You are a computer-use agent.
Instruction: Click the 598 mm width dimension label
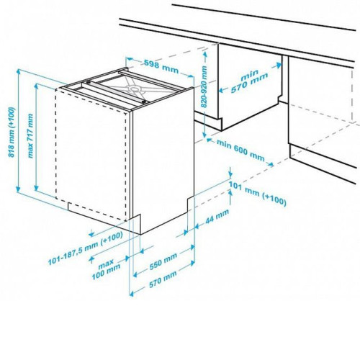[x=161, y=66]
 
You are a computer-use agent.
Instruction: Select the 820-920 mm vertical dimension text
[x=204, y=86]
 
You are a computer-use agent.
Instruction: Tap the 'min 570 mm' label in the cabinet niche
[x=249, y=81]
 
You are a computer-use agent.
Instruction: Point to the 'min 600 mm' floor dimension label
[x=240, y=150]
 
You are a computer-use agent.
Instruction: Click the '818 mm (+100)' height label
[x=12, y=132]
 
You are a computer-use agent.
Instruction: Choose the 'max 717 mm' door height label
[x=30, y=135]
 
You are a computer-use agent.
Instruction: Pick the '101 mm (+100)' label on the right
[x=257, y=194]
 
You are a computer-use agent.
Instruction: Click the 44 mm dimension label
[x=217, y=217]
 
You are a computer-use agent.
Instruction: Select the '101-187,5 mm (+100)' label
[x=86, y=248]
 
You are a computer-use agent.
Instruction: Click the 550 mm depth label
[x=163, y=261]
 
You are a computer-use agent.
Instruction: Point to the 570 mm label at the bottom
[x=163, y=279]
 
